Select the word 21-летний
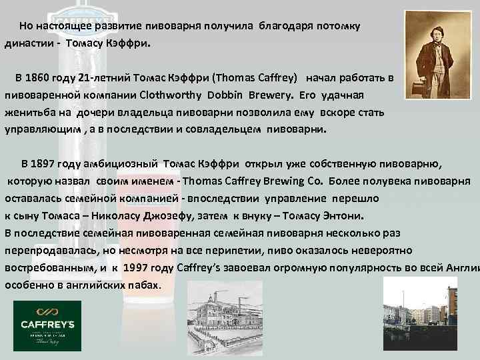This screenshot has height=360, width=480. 105,77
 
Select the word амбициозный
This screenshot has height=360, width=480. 126,163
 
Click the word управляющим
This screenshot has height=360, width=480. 41,129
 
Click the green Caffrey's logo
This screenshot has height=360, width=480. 47,326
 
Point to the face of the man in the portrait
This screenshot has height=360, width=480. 429,27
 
